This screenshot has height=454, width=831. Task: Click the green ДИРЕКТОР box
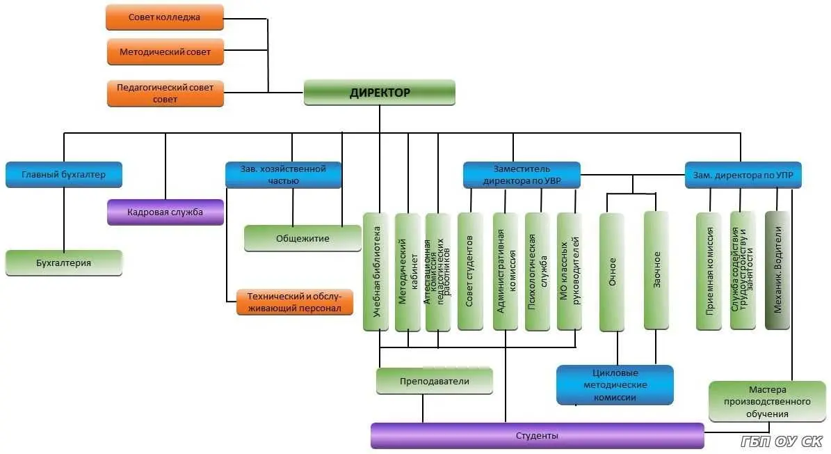[379, 92]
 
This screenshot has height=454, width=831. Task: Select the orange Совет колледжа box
[165, 17]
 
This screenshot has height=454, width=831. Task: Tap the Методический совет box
[165, 52]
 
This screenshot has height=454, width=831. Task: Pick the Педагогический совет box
[165, 93]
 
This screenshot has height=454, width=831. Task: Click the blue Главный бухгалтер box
[64, 175]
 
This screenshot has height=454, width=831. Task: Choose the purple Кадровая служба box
[166, 212]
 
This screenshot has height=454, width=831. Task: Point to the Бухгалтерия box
[64, 263]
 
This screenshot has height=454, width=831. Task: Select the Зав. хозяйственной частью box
[283, 175]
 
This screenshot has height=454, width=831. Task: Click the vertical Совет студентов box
[470, 272]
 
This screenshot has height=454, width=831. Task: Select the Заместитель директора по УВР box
[522, 175]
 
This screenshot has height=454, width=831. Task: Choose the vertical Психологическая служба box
[537, 272]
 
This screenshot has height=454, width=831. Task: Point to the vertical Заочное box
[656, 270]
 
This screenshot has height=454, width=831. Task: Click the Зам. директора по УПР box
[743, 175]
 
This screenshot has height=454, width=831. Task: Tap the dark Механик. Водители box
[777, 270]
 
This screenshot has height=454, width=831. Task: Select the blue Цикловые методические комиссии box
[615, 385]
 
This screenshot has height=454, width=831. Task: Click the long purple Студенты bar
[537, 436]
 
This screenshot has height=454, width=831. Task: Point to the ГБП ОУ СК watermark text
[781, 441]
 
